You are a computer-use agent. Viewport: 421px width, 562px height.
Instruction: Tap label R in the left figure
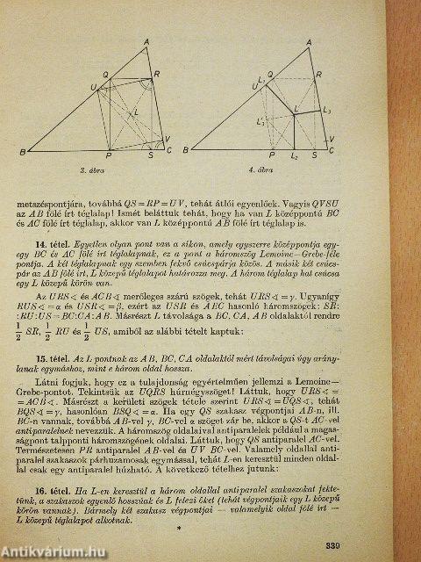pyautogui.click(x=158, y=74)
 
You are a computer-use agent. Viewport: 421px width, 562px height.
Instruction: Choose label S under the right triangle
pyautogui.click(x=320, y=155)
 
